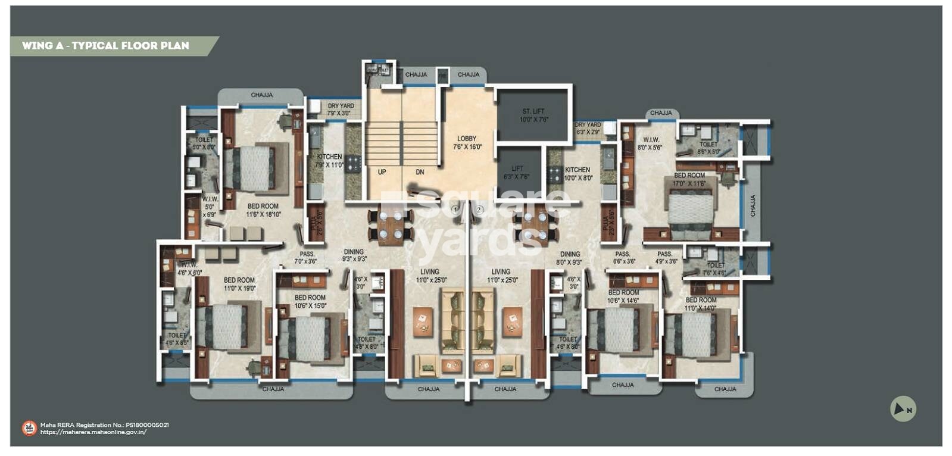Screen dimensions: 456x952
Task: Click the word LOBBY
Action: tap(467, 139)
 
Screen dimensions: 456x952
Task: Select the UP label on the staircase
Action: tap(382, 172)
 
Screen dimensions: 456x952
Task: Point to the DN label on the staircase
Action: tap(420, 172)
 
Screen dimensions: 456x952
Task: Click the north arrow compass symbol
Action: tap(903, 409)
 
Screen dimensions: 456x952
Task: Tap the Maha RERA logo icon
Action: tap(29, 428)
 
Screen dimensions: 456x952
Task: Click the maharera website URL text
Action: tap(93, 432)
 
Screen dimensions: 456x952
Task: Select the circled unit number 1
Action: tap(455, 210)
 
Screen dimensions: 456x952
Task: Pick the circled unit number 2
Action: tap(479, 210)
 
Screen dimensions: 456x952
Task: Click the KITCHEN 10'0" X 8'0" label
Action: tap(578, 173)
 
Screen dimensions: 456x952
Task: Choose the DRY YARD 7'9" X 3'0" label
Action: tap(341, 109)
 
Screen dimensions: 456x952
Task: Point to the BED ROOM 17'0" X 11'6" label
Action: tap(689, 179)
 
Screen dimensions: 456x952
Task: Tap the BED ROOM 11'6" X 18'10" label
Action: tap(263, 210)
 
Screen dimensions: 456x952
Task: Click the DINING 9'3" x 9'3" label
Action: tap(354, 255)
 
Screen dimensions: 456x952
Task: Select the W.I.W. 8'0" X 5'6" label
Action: tap(650, 143)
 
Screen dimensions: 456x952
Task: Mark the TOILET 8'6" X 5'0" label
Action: tap(708, 148)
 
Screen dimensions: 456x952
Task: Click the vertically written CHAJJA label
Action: tap(753, 205)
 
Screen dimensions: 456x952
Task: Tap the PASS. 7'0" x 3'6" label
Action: tap(307, 257)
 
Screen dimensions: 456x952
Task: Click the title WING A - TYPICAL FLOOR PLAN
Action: tap(105, 46)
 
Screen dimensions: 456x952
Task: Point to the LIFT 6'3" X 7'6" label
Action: tap(517, 173)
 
